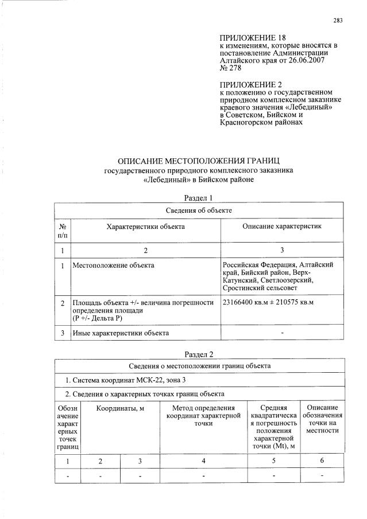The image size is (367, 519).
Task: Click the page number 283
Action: coord(338,21)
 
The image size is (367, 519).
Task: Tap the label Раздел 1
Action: coord(198,198)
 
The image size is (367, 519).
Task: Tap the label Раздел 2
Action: coord(198,354)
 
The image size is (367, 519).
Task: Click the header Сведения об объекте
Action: coord(199,210)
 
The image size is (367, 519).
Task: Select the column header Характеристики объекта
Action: coord(145,227)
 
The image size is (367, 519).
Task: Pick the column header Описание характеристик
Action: coord(281,227)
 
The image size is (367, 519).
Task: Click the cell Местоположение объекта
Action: coord(113,266)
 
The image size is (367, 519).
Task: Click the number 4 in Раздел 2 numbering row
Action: coord(203,461)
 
